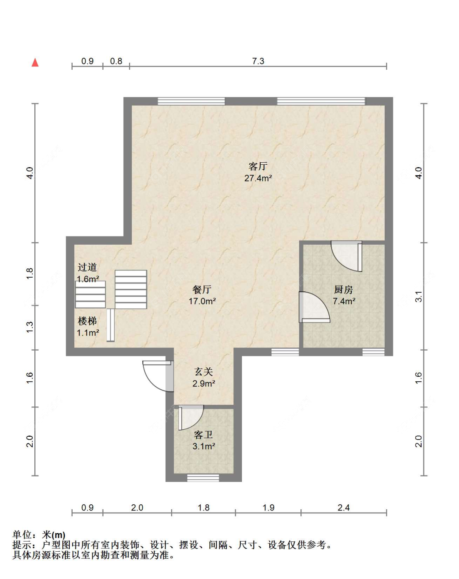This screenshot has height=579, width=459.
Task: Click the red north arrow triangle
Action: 35,62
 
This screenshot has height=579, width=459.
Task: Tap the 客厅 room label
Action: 258,166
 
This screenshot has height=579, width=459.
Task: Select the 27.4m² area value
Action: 258,178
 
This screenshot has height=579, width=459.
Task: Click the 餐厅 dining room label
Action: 202,289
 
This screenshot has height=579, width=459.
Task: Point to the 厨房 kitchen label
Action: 344,289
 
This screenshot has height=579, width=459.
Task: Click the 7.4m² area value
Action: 344,301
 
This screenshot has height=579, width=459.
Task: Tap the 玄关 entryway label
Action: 204,372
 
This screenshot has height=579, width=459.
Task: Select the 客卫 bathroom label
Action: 204,435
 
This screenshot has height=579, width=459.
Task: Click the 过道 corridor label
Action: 87,267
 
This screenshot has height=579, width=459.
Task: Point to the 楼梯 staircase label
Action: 87,321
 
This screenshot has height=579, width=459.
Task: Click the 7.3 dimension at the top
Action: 258,61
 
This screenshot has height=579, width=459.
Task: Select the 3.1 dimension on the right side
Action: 419,296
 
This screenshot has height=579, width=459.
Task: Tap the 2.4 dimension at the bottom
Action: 344,508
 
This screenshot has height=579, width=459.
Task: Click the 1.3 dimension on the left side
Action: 30,327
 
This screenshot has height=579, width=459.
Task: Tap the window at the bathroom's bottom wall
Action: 203,478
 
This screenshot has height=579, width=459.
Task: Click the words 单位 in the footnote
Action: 22,535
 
